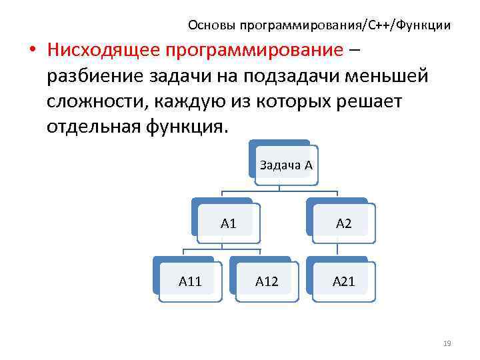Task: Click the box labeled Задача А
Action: tap(285, 165)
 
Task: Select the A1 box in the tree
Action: tap(229, 223)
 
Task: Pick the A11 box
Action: tap(190, 281)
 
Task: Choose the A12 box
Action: tap(267, 281)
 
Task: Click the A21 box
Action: tap(343, 281)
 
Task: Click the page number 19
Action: tap(447, 343)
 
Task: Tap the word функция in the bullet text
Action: tap(190, 126)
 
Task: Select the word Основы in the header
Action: tap(209, 25)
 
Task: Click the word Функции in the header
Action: tap(423, 25)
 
